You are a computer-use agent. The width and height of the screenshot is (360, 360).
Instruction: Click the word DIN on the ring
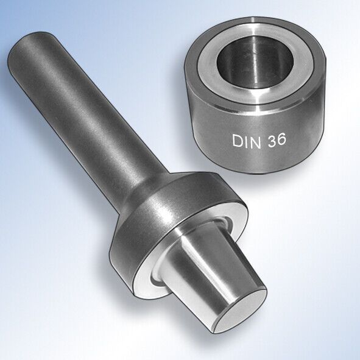(247, 141)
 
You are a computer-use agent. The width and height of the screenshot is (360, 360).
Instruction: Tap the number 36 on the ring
(277, 139)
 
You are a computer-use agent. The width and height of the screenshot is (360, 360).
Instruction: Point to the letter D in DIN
(237, 141)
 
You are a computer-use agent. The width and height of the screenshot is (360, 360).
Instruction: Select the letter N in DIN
(255, 142)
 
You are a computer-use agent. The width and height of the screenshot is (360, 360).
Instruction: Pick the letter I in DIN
(245, 142)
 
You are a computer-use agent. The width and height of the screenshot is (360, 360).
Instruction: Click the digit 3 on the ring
(272, 139)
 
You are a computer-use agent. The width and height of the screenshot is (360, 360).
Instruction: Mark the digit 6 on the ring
(282, 138)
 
